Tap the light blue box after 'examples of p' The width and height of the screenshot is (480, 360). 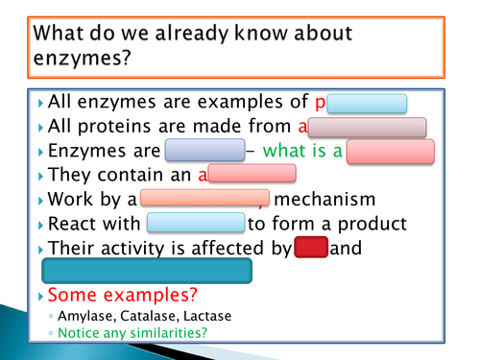(x=369, y=104)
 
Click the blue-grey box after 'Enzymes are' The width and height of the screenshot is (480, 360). (x=204, y=152)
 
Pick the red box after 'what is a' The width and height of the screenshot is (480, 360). (x=391, y=152)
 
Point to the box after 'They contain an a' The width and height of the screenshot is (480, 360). (x=252, y=175)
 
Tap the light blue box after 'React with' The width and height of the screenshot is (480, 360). (x=197, y=224)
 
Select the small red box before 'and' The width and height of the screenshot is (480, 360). (x=311, y=248)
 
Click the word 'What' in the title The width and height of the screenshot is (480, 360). (x=63, y=34)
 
